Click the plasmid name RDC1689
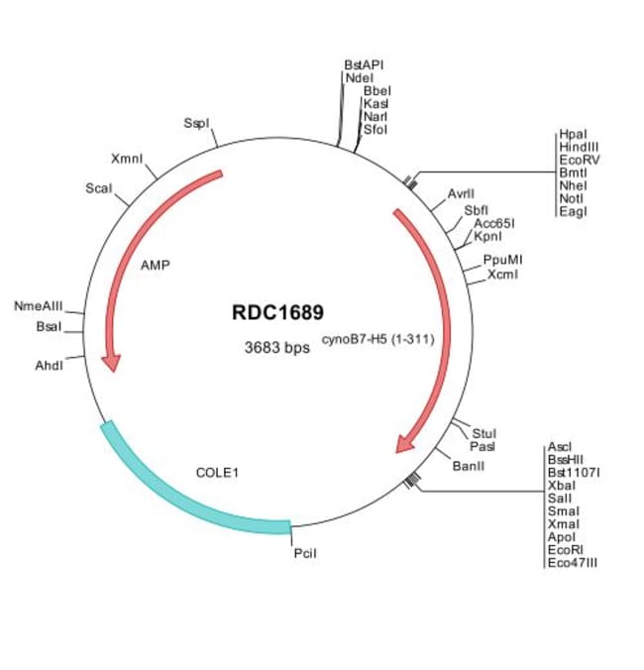[277, 313]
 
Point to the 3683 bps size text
[277, 348]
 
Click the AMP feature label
[156, 266]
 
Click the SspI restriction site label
[195, 124]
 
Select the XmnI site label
[127, 159]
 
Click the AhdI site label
[49, 365]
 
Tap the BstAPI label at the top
[364, 64]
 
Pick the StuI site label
[483, 433]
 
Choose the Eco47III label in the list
[573, 563]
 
